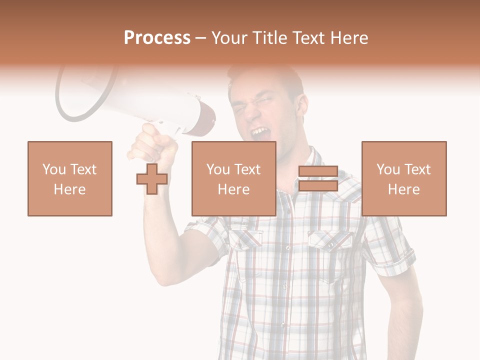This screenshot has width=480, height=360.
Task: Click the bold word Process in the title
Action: (157, 38)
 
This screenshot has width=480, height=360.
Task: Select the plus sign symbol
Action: (152, 179)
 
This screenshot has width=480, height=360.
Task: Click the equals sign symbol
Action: (318, 179)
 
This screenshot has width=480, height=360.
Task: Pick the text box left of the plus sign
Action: (70, 178)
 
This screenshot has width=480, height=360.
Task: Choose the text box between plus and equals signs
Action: (234, 178)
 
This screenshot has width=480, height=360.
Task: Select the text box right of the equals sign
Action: (404, 178)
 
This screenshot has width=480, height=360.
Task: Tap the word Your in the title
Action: (228, 38)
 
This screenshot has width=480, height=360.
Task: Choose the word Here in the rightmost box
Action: (404, 189)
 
